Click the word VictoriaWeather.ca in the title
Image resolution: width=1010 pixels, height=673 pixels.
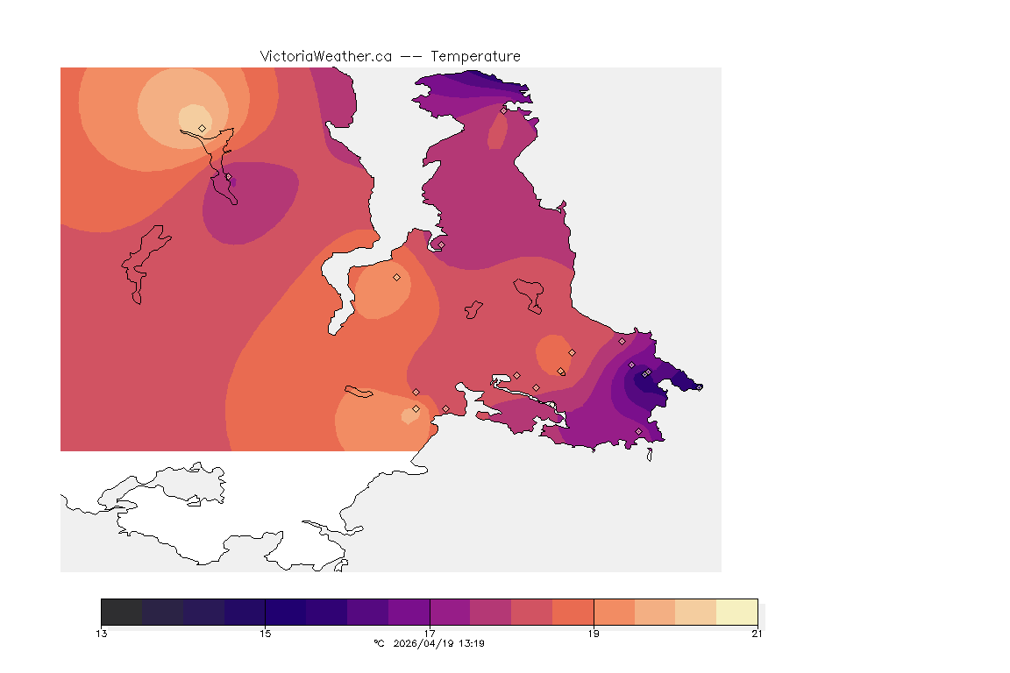point(325,56)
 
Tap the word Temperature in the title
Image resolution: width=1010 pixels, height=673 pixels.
point(476,56)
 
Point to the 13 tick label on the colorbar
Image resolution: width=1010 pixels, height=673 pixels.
point(102,634)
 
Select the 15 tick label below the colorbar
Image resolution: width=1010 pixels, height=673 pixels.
point(265,634)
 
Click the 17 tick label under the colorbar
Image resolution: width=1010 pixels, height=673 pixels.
point(430,634)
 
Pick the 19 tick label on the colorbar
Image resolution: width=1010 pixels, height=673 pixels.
point(594,634)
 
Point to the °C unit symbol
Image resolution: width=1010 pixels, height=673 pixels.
point(379,643)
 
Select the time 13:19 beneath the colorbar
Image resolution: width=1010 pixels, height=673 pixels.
point(473,643)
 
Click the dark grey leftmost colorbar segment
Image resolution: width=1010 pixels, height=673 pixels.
point(122,612)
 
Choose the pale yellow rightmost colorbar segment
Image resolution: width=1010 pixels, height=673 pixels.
point(736,612)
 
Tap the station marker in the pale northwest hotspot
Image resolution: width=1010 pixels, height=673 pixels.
point(203,128)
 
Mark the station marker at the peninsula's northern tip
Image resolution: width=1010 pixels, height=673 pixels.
point(503,110)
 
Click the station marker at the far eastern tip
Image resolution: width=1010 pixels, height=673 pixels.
point(699,387)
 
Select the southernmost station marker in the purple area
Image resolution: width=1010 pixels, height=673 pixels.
point(638,431)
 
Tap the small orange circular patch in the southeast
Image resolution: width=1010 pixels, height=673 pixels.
point(551,353)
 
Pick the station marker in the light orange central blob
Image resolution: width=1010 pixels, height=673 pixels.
point(396,277)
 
